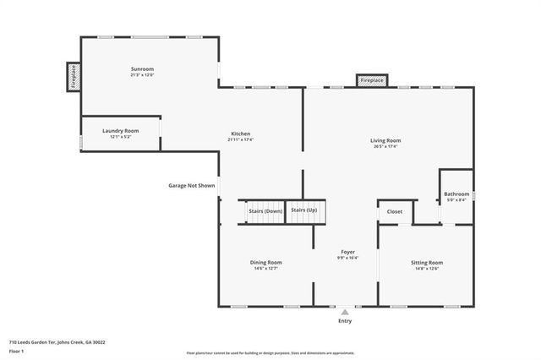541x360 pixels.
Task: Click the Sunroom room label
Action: tap(142, 68)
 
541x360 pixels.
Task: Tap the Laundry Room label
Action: tap(120, 131)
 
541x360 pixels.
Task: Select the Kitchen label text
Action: tap(241, 134)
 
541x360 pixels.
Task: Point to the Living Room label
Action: tap(385, 140)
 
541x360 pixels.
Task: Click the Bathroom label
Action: tap(456, 194)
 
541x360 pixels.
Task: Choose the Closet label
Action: tap(395, 210)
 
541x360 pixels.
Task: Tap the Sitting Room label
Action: tap(426, 263)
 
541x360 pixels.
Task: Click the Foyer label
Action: tap(347, 252)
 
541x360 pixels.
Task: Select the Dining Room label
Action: tap(265, 263)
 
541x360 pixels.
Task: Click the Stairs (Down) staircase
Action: tap(265, 211)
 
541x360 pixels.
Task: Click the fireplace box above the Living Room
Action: tap(372, 80)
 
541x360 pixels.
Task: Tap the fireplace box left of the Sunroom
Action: tap(73, 76)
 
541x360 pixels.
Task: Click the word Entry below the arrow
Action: tap(345, 321)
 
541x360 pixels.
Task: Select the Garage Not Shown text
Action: tap(193, 185)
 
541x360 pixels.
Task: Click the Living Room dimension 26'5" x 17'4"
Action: tap(385, 147)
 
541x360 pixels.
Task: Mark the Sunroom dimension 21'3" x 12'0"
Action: tap(142, 75)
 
